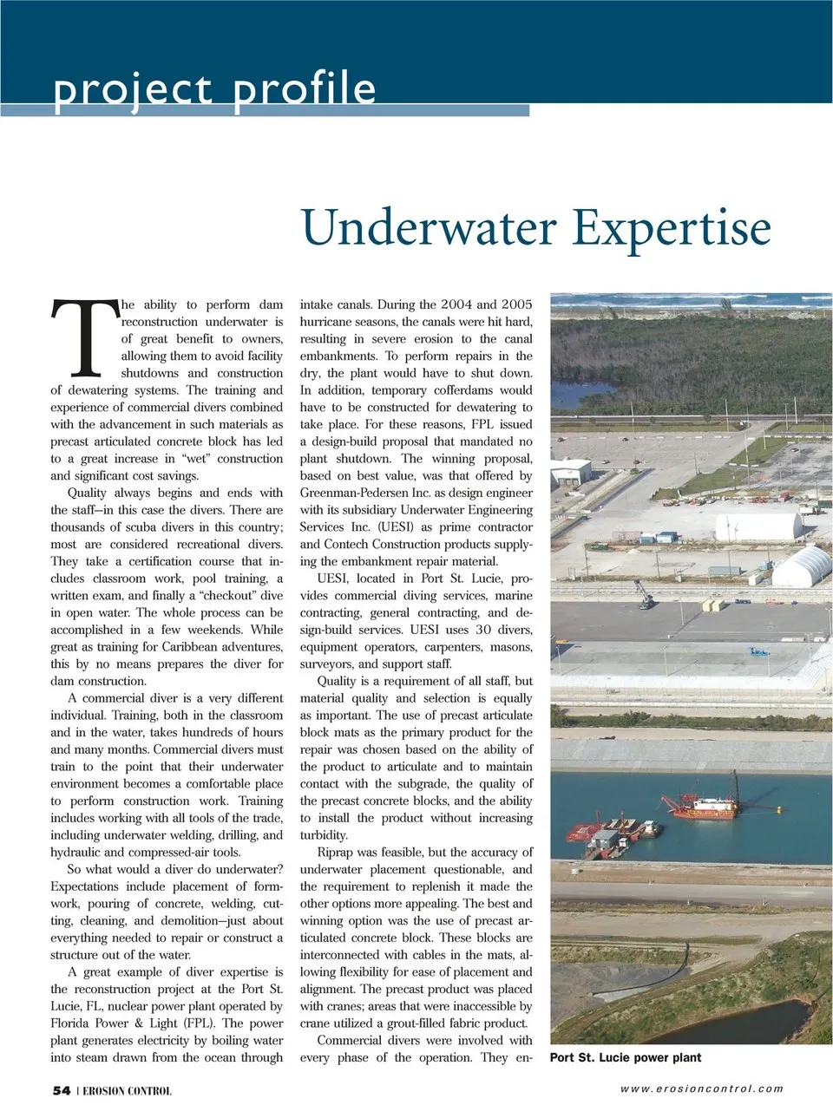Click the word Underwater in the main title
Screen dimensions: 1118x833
coord(429,228)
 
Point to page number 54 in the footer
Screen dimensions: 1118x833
coord(62,1090)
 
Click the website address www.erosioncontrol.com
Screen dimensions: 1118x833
coord(701,1089)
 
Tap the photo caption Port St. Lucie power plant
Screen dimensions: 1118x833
coord(626,1057)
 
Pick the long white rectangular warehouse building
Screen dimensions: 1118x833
coord(757,525)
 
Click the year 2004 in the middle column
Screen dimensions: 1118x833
coord(456,304)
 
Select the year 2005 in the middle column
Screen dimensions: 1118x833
coord(516,304)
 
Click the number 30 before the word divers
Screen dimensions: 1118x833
coord(482,630)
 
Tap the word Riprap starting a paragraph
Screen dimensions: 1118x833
coord(335,853)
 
